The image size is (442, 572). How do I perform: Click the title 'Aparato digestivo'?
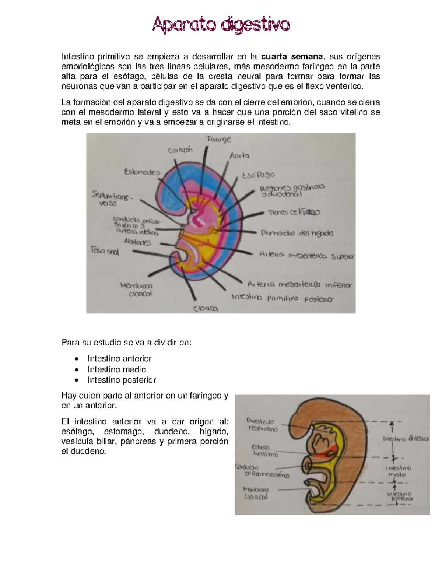pos(221,25)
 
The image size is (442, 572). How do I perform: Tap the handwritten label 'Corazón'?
pos(180,150)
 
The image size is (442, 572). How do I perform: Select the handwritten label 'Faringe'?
pos(219,139)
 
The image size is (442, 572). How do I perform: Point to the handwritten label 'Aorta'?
pos(239,156)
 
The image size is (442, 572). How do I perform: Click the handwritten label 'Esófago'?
pos(258,175)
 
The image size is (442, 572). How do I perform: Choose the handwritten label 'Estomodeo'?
pos(142,172)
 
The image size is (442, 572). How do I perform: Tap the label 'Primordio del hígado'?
pos(297,233)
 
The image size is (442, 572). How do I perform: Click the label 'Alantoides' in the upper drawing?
pos(137,242)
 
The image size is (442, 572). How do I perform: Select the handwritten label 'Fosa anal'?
pos(105,251)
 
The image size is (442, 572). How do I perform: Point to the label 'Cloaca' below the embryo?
pos(206,309)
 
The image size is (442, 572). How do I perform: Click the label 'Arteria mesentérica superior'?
pos(306,255)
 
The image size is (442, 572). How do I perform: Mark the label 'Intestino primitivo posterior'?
pos(282,298)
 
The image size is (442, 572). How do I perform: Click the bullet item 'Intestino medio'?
pos(116,369)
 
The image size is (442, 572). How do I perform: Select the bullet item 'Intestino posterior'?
pos(122,380)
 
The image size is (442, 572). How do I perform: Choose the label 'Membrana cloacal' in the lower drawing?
pos(256,493)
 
